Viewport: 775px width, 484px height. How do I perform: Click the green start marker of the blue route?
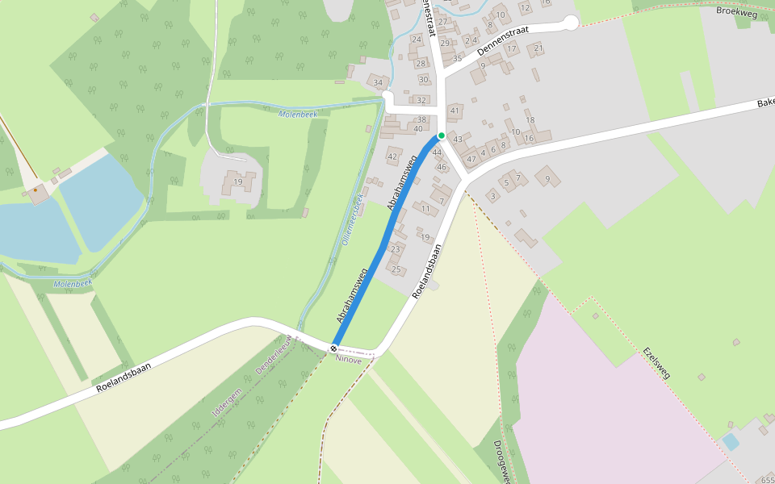tap(442, 136)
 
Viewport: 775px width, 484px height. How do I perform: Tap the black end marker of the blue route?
tap(333, 348)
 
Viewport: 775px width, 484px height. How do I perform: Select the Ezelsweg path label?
tap(657, 363)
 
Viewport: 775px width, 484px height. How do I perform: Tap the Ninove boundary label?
tap(349, 360)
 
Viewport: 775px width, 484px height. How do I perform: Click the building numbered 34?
tap(377, 82)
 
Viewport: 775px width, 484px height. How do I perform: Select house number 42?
tap(393, 156)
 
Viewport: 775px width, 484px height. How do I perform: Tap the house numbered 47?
tap(471, 159)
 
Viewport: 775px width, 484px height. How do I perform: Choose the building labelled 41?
tap(455, 111)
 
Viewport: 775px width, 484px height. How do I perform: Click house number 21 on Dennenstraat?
tap(538, 48)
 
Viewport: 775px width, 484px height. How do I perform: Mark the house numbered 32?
tap(421, 100)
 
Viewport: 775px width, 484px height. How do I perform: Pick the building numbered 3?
tap(492, 196)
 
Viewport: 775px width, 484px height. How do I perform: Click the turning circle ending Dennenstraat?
tap(571, 23)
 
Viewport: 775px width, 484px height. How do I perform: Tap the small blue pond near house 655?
tap(731, 441)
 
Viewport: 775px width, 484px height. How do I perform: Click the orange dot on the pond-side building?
tap(35, 190)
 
